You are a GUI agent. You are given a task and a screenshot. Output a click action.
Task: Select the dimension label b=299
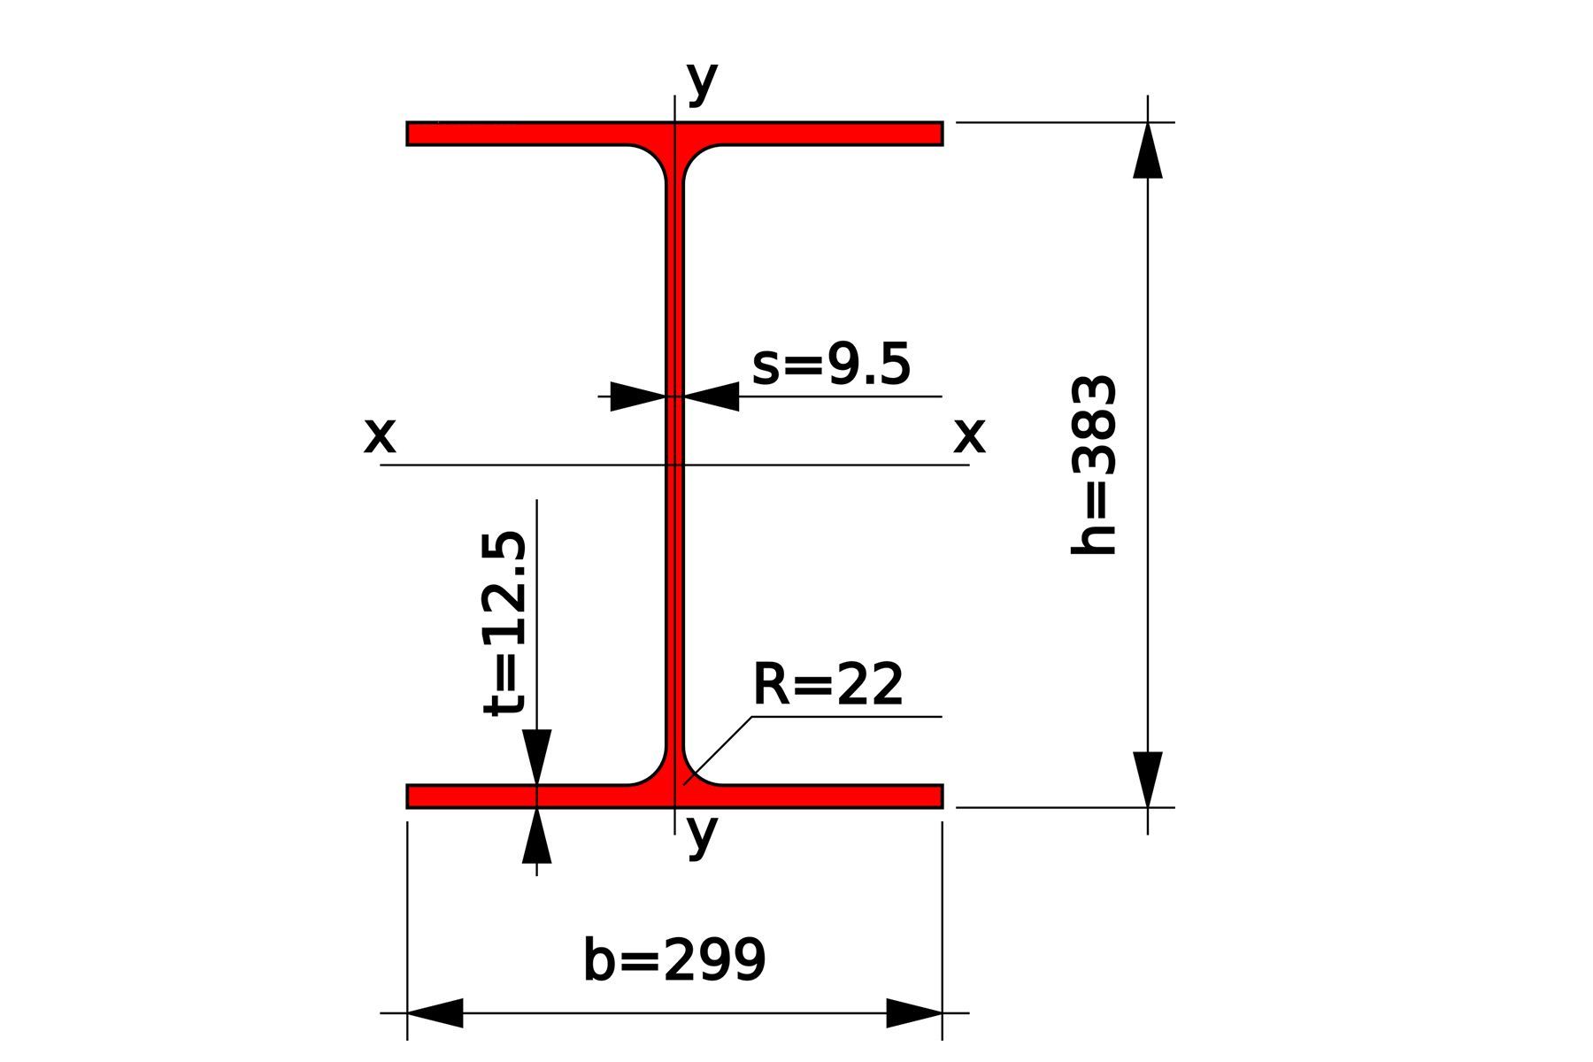point(674,960)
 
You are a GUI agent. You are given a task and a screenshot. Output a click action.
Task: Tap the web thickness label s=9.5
point(831,365)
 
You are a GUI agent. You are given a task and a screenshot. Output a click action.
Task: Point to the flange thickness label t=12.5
point(505,623)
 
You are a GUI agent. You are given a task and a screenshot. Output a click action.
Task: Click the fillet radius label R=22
point(827,684)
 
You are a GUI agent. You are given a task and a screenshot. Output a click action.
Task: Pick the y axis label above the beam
point(702,81)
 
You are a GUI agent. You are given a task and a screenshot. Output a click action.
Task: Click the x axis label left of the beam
point(380,435)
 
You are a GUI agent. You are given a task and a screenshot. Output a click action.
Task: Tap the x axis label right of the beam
point(969,435)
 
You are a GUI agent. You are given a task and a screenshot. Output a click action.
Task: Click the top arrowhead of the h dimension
point(1148,150)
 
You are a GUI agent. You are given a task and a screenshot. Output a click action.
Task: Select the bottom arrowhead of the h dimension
point(1148,779)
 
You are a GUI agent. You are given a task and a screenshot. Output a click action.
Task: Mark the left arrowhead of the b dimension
point(435,1012)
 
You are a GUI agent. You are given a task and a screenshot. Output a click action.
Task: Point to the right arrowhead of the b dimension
point(914,1012)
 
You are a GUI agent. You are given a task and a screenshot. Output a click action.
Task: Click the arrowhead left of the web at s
point(638,396)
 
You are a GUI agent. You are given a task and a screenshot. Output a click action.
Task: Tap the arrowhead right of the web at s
point(712,396)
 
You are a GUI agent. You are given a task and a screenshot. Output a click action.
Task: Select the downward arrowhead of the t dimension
point(536,757)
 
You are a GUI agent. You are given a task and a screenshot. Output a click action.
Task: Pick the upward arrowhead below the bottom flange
point(536,836)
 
